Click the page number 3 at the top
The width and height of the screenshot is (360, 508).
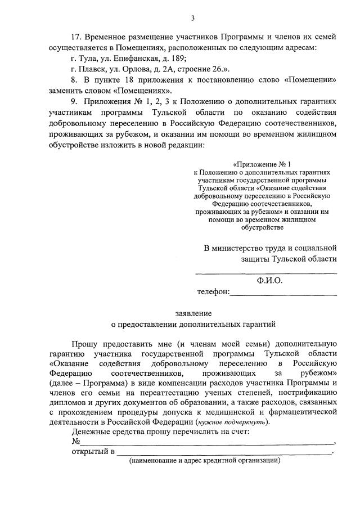(192, 18)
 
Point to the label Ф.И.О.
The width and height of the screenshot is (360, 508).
(269, 280)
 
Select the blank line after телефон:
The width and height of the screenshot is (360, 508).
(283, 294)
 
